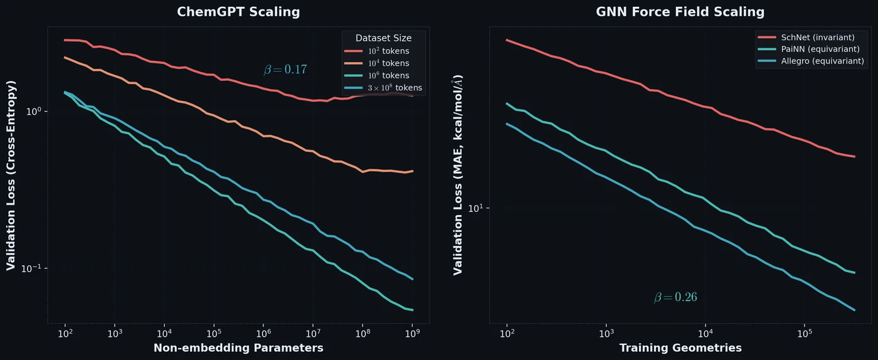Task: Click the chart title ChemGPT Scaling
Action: [x=238, y=12]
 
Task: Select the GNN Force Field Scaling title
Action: [x=680, y=12]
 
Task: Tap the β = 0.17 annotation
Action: [x=285, y=70]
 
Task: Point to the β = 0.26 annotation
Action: [x=675, y=297]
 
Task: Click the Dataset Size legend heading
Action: [x=383, y=38]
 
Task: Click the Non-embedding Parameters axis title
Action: [x=238, y=347]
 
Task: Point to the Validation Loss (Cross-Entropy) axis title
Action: [x=11, y=175]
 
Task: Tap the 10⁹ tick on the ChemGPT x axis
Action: [x=412, y=334]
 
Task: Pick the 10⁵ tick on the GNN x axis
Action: [x=805, y=334]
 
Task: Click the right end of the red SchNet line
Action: [x=855, y=157]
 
